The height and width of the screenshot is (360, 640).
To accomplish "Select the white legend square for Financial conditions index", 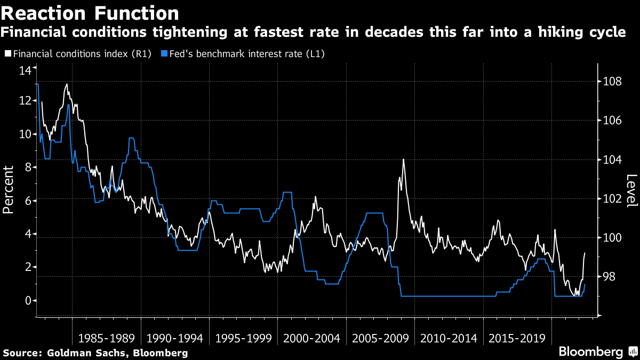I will tap(8, 54).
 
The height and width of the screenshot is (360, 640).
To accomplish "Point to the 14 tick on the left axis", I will tap(25, 70).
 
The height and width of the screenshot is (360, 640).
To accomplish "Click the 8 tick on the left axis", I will tap(27, 167).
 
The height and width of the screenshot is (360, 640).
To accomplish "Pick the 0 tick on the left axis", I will tap(27, 301).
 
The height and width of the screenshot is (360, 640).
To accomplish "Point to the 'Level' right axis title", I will tap(631, 191).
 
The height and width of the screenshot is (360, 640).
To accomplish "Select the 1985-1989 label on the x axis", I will tap(106, 338).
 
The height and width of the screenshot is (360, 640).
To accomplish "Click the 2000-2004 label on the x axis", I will tap(311, 338).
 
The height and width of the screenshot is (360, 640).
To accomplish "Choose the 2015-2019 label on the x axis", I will tap(517, 338).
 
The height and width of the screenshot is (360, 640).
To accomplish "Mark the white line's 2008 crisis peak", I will tap(403, 159).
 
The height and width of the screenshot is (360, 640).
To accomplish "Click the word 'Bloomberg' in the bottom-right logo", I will tap(590, 352).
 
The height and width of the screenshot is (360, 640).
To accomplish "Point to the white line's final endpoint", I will tap(585, 253).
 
